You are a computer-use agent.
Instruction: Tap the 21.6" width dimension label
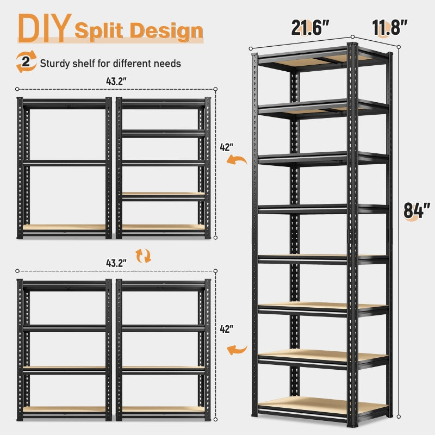tap(310, 27)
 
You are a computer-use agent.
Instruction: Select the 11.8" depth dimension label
tap(389, 27)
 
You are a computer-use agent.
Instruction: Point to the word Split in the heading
tap(98, 30)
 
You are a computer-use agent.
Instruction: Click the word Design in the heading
tap(166, 30)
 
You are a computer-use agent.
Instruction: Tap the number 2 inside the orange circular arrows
tap(26, 61)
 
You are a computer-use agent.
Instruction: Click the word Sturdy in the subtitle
tap(55, 64)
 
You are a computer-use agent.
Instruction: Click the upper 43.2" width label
tap(116, 81)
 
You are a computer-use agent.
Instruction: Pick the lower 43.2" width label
tap(116, 263)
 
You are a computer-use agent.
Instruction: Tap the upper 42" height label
tap(226, 147)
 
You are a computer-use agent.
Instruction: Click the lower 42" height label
tap(226, 329)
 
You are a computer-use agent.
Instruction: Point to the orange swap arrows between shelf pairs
tap(144, 256)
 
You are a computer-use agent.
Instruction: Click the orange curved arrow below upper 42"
tap(237, 159)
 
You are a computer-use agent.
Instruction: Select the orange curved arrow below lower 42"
tap(237, 350)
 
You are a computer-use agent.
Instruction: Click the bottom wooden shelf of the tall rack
tap(322, 405)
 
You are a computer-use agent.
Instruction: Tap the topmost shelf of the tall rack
tap(322, 59)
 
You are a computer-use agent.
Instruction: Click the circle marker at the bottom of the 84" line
tap(399, 417)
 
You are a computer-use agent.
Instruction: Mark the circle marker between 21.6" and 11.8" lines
tap(352, 37)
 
